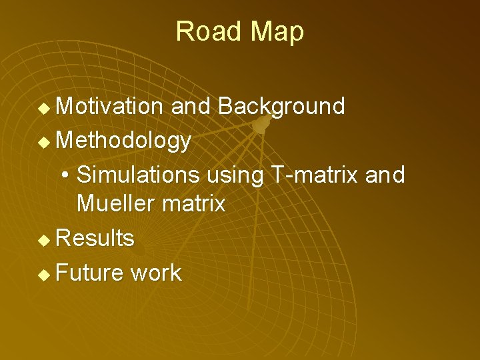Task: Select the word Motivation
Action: click(x=110, y=106)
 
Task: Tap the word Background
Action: click(x=281, y=106)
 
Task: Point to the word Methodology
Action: click(x=125, y=141)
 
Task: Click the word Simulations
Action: click(x=138, y=175)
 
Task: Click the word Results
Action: click(x=95, y=238)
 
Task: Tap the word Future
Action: click(x=91, y=273)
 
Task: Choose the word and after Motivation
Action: click(x=191, y=106)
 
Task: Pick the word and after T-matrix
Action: click(x=385, y=175)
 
